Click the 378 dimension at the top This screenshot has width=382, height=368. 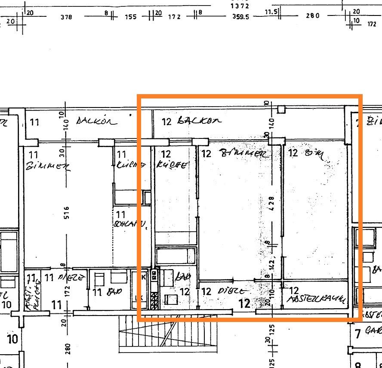[66, 17]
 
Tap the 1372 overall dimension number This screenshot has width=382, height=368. [240, 6]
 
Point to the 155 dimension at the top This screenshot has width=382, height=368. [131, 17]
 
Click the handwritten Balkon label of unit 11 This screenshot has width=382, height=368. [96, 121]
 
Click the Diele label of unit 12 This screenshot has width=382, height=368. [234, 291]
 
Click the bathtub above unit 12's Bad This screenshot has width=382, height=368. [176, 256]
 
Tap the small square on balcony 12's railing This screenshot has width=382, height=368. [281, 109]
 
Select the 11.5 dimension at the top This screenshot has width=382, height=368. [271, 12]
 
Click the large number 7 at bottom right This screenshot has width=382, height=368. [357, 334]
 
